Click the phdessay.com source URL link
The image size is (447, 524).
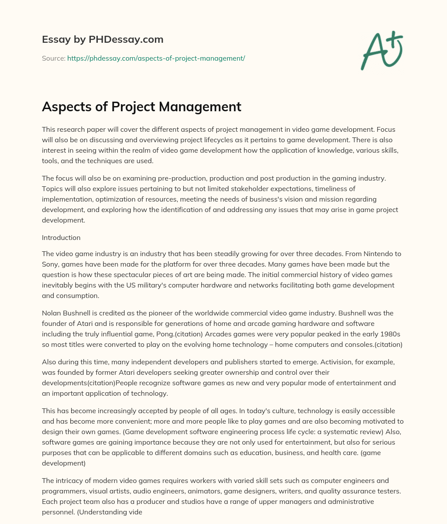(x=156, y=58)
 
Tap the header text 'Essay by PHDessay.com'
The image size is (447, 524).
(x=103, y=40)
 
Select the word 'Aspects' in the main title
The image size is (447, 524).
(x=65, y=106)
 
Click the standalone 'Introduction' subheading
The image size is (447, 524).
(x=61, y=238)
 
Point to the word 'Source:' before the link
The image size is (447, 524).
(x=53, y=58)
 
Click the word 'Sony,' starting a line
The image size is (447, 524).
(x=51, y=264)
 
